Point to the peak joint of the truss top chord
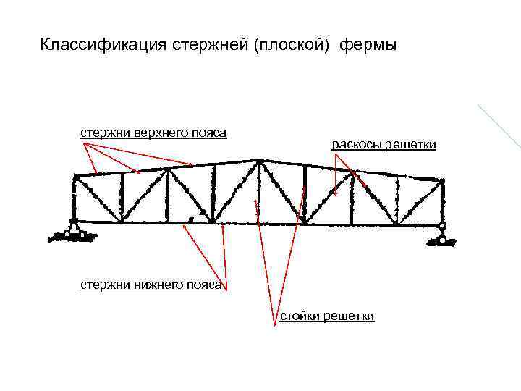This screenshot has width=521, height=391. [255, 161]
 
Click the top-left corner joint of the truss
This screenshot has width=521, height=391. [75, 176]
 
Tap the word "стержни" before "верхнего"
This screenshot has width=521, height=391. [105, 133]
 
